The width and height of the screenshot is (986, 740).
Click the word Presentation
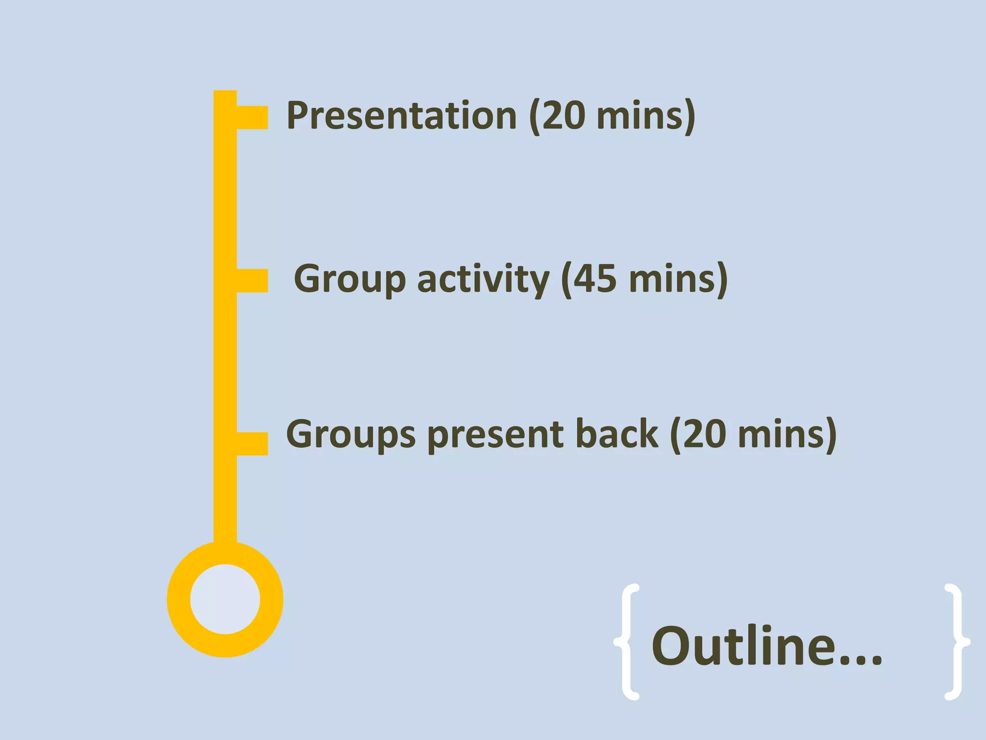[402, 116]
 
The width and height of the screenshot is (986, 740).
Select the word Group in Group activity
[350, 279]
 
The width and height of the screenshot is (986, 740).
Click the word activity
[483, 279]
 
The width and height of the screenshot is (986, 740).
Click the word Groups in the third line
[350, 435]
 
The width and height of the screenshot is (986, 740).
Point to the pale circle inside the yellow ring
[225, 599]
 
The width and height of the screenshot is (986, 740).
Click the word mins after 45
[672, 279]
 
